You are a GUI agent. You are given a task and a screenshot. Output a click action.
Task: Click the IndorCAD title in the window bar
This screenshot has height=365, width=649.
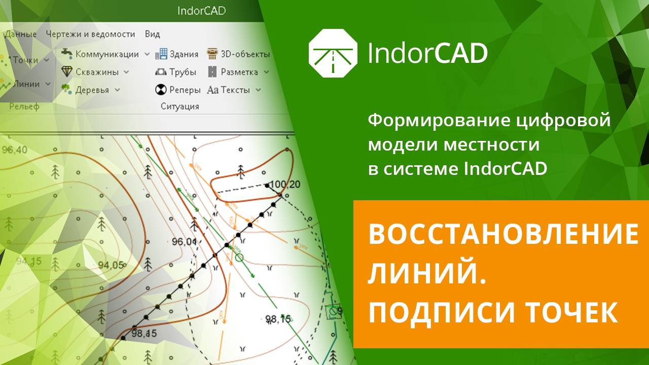tap(201, 11)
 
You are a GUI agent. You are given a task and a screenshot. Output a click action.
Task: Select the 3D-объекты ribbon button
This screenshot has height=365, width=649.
tap(238, 54)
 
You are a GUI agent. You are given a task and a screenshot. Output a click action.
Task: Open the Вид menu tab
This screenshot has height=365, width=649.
tap(152, 34)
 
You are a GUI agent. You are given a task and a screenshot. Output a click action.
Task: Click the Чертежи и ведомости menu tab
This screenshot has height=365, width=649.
tap(90, 34)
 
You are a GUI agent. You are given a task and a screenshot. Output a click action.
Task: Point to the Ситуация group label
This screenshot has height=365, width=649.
tap(179, 106)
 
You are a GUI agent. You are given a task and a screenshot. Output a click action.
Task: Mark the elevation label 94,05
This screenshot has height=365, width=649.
tap(111, 265)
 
